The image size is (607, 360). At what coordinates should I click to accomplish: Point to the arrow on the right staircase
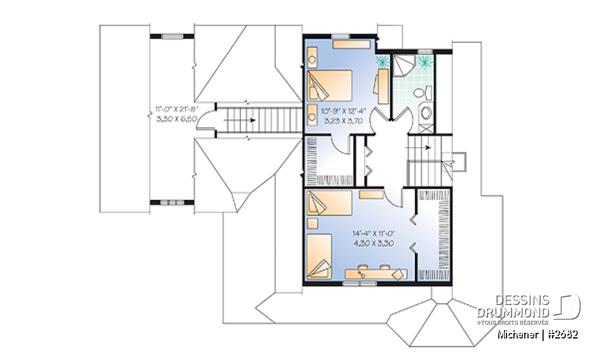(428, 147)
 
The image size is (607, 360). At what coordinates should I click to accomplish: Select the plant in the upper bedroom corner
(382, 61)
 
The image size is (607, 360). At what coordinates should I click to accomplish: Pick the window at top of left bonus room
(171, 37)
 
